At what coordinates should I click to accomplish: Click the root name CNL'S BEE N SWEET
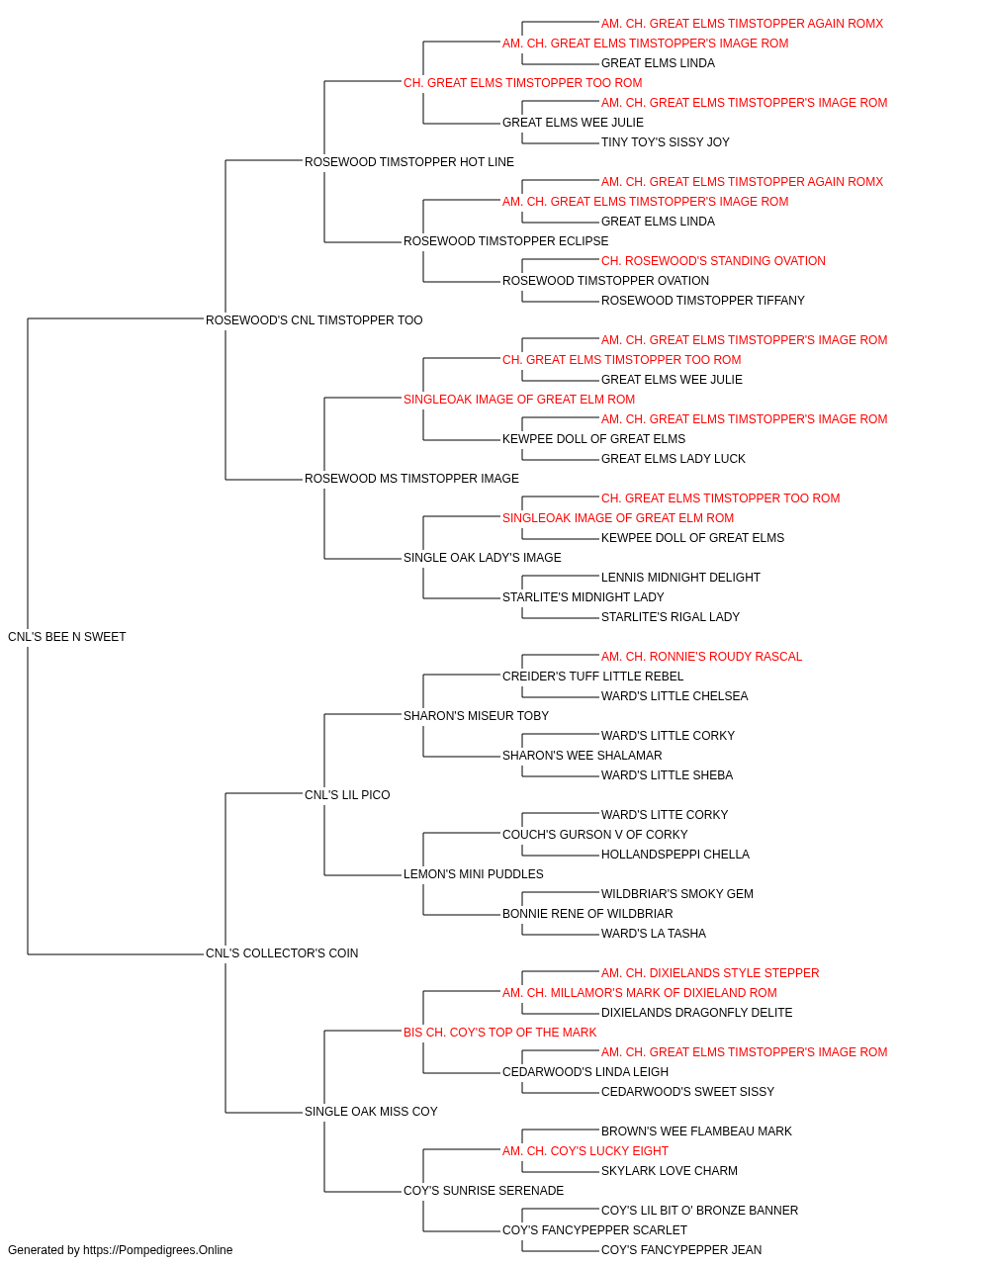point(67,637)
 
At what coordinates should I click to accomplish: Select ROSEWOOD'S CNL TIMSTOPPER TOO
point(314,320)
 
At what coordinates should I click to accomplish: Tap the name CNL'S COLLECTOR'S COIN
point(282,953)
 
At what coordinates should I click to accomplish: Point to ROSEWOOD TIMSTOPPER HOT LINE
point(408,162)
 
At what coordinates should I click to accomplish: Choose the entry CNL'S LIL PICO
point(347,795)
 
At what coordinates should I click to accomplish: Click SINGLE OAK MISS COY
point(371,1112)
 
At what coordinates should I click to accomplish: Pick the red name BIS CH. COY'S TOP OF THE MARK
point(499,1033)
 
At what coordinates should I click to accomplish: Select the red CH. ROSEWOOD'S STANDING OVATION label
point(713,261)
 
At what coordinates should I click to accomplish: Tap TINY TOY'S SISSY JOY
point(666,142)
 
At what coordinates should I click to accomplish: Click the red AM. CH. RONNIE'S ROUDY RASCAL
point(701,657)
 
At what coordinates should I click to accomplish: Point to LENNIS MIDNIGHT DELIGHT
point(680,578)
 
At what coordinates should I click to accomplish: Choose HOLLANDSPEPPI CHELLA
point(675,855)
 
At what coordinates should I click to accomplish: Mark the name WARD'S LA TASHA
point(654,934)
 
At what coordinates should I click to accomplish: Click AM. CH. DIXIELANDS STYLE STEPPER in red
point(710,973)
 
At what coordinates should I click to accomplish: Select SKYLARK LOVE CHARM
point(670,1171)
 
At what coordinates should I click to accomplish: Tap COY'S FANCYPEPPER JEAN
point(681,1250)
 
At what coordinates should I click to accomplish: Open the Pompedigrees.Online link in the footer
point(157,1250)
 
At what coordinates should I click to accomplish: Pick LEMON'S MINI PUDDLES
point(474,874)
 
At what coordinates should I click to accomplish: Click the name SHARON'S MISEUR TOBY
point(476,716)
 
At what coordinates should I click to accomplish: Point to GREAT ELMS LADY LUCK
point(674,459)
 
